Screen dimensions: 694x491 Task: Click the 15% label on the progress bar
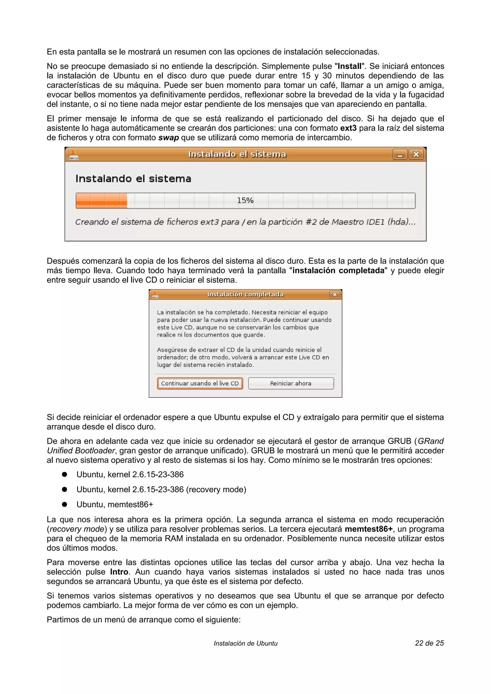[245, 200]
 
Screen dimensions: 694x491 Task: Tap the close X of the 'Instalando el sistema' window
[416, 154]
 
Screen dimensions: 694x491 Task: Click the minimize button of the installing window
[400, 154]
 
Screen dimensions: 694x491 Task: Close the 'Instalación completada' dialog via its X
[335, 294]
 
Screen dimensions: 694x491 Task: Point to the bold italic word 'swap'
[169, 138]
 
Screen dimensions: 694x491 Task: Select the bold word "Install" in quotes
[349, 66]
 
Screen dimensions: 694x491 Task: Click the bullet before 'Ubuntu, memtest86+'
[64, 505]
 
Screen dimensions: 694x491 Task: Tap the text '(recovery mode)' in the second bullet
[216, 489]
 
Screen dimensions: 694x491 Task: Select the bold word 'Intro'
[119, 572]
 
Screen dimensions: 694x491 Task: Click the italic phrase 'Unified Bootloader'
[81, 451]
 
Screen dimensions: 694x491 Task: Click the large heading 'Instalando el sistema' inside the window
[133, 179]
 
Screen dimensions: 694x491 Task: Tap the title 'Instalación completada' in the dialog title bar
[245, 294]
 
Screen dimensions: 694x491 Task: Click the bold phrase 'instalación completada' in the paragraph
[338, 271]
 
